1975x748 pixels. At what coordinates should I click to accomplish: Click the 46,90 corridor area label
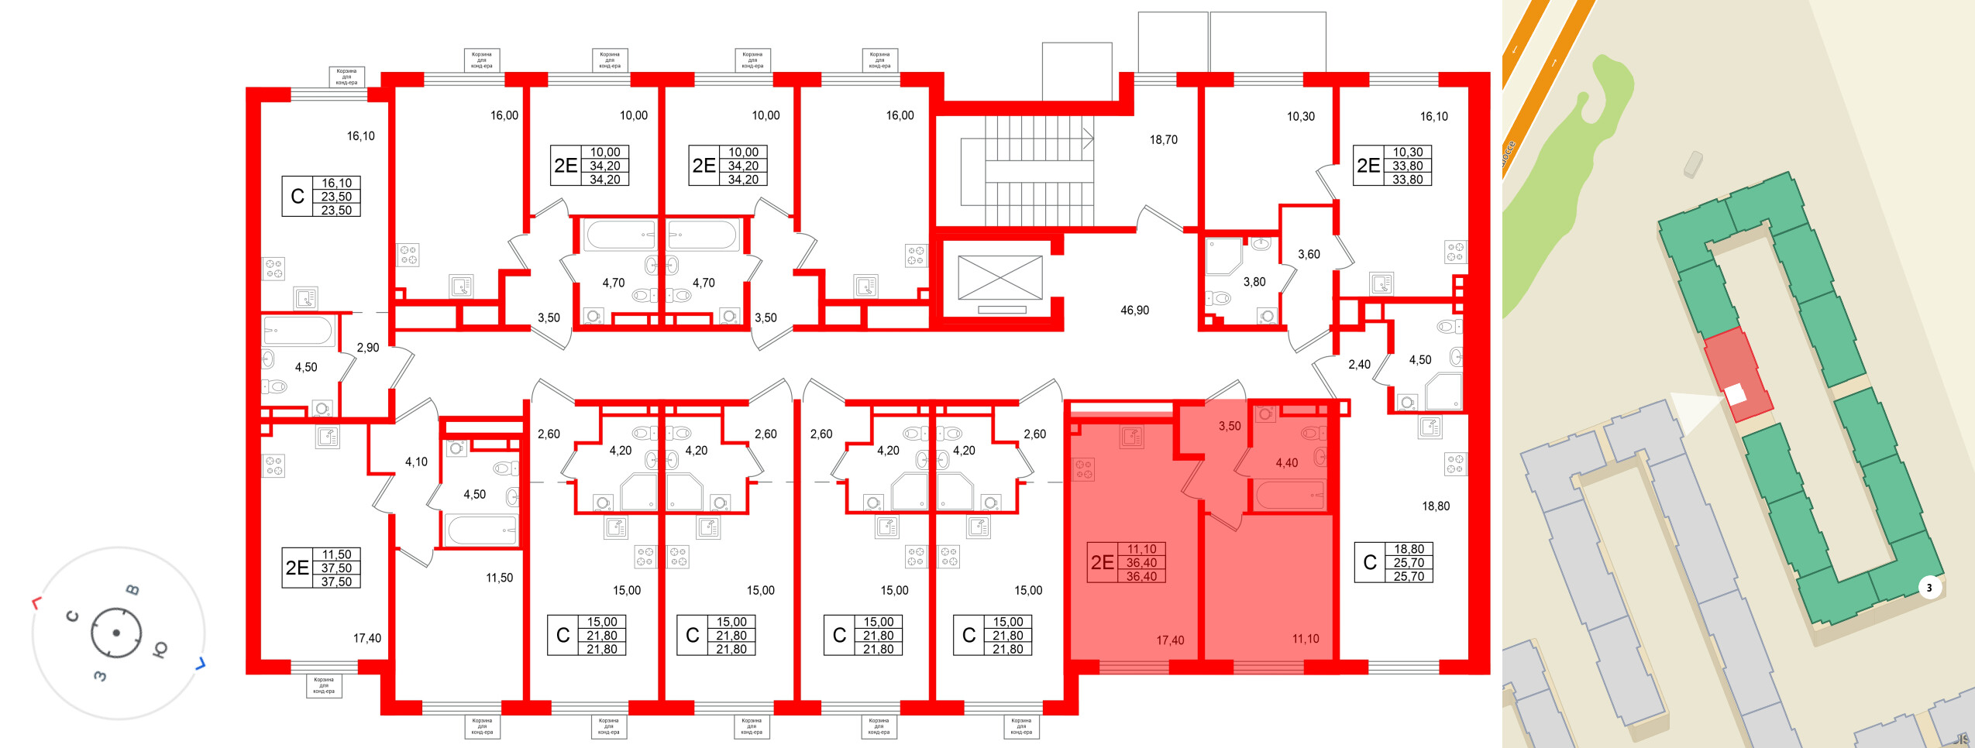click(x=1134, y=311)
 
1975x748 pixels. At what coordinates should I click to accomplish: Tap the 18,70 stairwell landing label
click(x=1163, y=140)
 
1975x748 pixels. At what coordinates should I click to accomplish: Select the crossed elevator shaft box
click(x=1000, y=277)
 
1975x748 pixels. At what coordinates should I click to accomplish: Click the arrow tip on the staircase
click(x=1091, y=139)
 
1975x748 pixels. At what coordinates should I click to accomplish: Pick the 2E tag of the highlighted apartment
click(x=1102, y=563)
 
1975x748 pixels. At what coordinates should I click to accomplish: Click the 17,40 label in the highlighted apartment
click(x=1169, y=640)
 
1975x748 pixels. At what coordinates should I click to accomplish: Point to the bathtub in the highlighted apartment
click(x=1290, y=495)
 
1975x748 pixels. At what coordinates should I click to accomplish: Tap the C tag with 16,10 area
click(x=297, y=197)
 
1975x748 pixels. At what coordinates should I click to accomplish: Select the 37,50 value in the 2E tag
click(x=336, y=568)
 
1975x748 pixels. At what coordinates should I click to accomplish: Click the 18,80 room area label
click(x=1435, y=506)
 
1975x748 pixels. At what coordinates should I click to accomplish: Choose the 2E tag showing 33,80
click(x=1368, y=166)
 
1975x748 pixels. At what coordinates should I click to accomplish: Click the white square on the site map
click(x=1736, y=394)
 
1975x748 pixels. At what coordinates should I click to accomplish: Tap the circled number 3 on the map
click(x=1929, y=588)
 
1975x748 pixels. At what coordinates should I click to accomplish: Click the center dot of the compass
click(x=116, y=633)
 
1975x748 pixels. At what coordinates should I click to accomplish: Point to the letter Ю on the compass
click(x=160, y=649)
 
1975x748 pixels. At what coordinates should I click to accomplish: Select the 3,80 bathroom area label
click(x=1254, y=283)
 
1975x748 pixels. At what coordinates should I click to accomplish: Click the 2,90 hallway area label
click(x=368, y=348)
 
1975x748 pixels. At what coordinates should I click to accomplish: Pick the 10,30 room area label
click(x=1300, y=117)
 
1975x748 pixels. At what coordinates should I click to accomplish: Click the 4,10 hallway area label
click(x=416, y=462)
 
